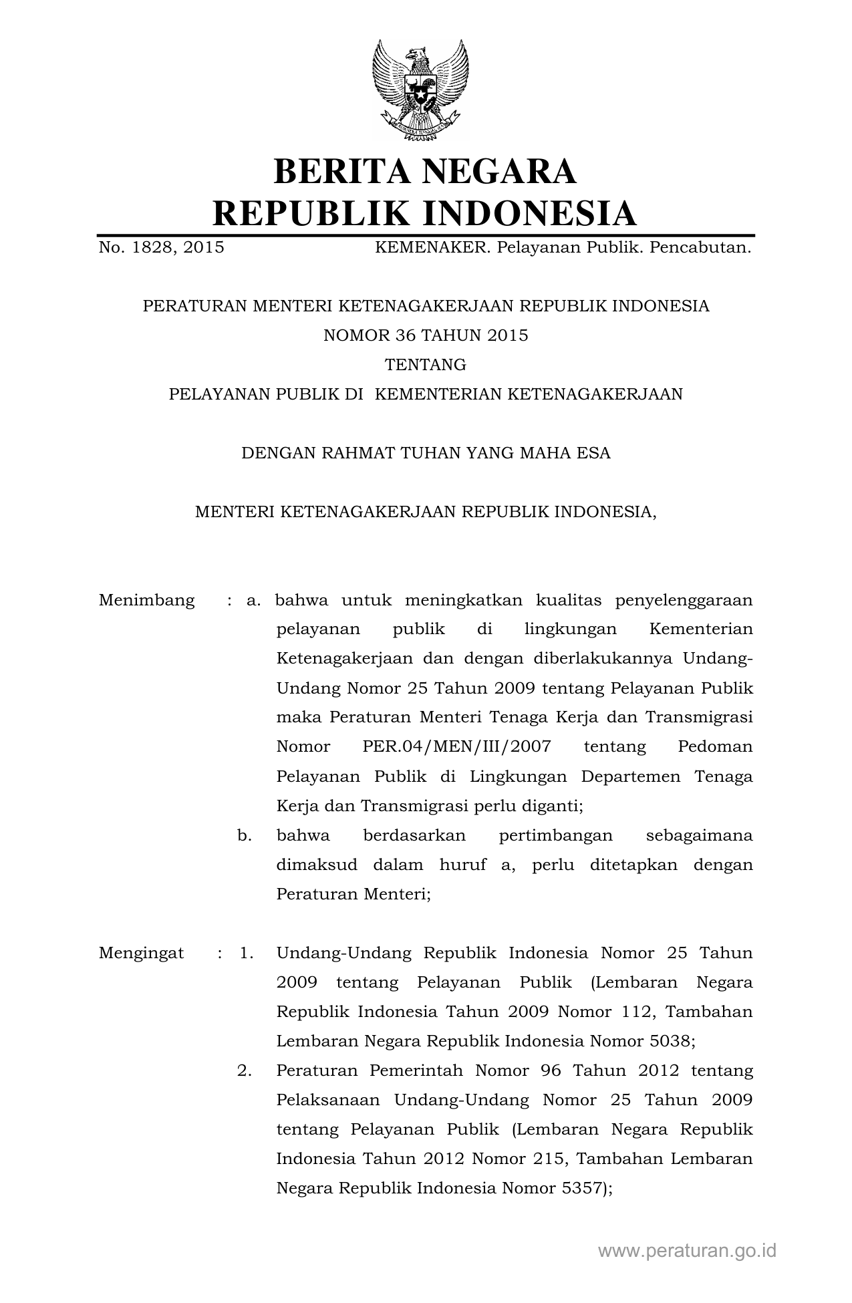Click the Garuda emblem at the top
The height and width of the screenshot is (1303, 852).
point(420,90)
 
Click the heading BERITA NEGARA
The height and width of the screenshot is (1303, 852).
point(425,171)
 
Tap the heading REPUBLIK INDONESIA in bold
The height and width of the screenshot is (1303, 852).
point(425,213)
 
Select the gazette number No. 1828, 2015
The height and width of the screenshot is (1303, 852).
point(162,249)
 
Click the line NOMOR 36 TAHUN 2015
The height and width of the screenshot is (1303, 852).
point(426,335)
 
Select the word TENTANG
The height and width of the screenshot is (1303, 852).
point(426,365)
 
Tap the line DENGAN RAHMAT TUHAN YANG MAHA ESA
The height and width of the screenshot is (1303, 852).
point(426,453)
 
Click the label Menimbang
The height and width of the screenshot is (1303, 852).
point(147,600)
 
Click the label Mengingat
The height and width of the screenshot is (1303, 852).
point(141,953)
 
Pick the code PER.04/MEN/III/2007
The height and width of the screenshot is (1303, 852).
point(456,747)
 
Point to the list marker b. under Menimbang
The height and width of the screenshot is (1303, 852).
point(245,835)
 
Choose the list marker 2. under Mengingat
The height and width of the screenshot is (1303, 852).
point(245,1070)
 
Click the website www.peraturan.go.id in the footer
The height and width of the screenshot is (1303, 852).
point(687,1251)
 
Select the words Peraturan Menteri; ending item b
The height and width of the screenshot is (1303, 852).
point(353,894)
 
